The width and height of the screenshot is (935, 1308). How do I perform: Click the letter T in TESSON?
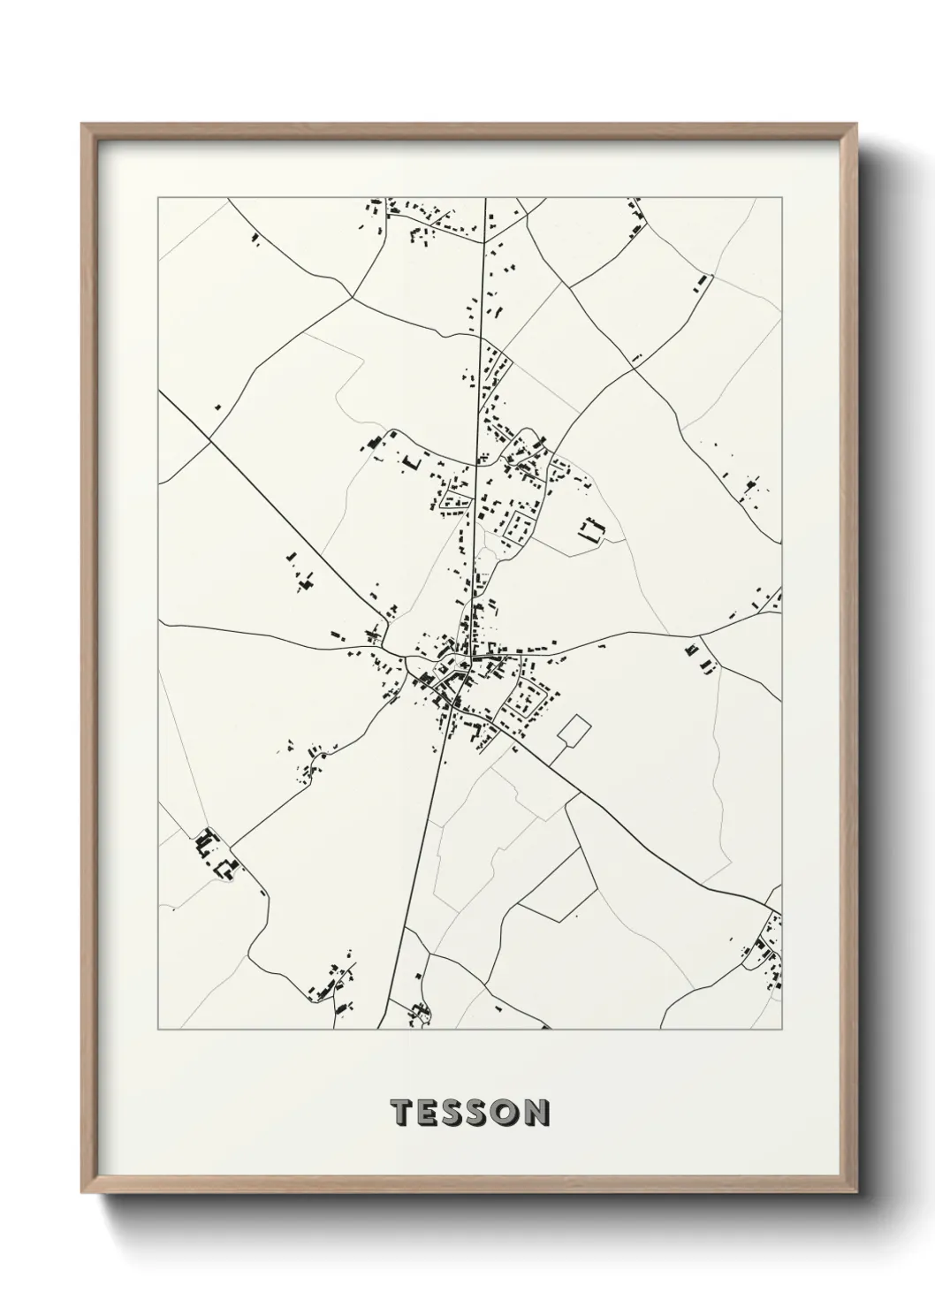click(401, 1113)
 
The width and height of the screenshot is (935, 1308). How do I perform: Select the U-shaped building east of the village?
click(589, 530)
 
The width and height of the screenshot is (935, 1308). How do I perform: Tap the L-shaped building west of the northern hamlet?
click(410, 461)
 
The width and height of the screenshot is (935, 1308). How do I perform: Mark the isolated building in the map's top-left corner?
click(255, 238)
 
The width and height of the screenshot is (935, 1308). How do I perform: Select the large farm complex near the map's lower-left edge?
click(217, 854)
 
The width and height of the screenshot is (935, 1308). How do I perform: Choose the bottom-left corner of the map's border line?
click(158, 1030)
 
